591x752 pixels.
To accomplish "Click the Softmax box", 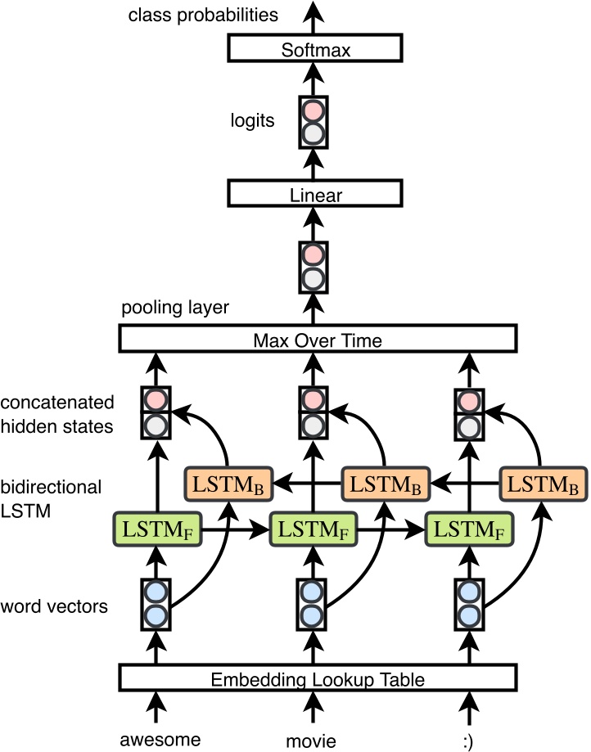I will coord(316,51).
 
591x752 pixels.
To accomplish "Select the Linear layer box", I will coord(316,196).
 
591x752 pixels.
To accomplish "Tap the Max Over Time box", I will coord(318,340).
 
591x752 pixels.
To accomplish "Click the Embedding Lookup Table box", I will coord(318,678).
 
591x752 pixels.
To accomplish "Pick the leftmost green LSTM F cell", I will coord(156,529).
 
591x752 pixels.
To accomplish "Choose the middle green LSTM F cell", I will coord(311,529).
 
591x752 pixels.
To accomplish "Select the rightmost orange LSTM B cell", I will coord(541,484).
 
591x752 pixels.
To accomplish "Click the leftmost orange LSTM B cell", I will coord(228,484).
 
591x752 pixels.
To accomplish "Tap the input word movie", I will coord(311,740).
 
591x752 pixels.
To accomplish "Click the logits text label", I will coord(253,122).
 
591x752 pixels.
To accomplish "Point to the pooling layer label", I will coord(175,308).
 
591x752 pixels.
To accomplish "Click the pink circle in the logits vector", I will coord(312,110).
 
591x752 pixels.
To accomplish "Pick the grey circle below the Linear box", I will coord(312,278).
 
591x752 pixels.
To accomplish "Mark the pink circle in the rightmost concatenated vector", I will coord(467,401).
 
